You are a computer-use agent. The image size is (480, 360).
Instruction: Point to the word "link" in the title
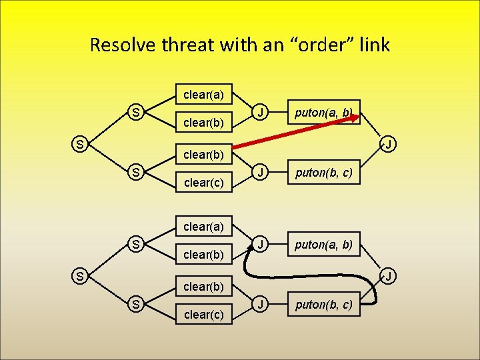coord(375,45)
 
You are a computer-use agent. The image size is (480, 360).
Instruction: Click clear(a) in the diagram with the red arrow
coord(203,95)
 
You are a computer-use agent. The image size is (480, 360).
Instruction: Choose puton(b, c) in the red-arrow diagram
coord(324,175)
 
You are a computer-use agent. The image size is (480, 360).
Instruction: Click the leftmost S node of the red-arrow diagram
coord(79,143)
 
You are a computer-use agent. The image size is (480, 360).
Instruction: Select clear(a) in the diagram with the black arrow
coord(203,227)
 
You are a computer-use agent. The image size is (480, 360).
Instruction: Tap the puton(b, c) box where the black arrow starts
coord(324,307)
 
